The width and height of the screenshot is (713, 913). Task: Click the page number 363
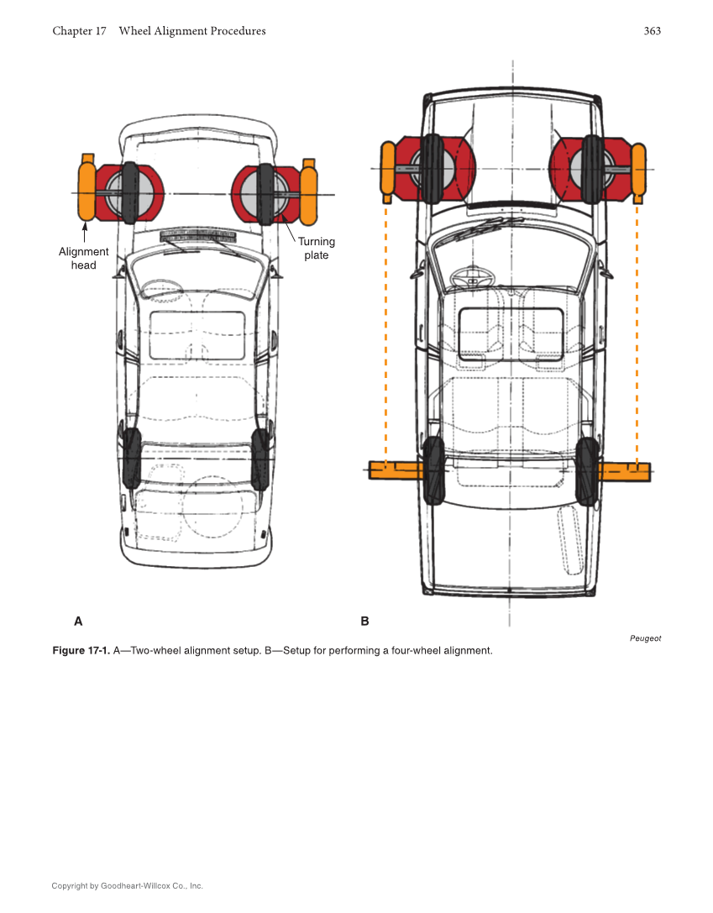(x=652, y=31)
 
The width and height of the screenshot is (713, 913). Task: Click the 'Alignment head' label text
(x=83, y=259)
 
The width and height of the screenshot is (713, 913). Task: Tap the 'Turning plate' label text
(x=317, y=249)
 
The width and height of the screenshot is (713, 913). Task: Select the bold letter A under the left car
(x=78, y=622)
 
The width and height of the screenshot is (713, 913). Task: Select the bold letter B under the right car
(x=364, y=622)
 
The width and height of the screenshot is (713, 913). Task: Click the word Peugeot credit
(x=645, y=638)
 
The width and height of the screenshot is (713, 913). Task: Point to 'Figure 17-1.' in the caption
(x=81, y=651)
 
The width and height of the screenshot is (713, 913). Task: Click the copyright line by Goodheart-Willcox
(x=127, y=885)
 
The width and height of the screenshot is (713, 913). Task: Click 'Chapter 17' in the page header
(x=79, y=31)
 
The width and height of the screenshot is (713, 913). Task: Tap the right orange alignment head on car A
(x=308, y=192)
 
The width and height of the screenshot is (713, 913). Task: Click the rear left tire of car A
(x=132, y=459)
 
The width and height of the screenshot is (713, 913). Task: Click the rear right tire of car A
(x=260, y=459)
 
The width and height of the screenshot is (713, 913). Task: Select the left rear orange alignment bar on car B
(x=396, y=470)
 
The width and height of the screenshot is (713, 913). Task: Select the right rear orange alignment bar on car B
(x=625, y=472)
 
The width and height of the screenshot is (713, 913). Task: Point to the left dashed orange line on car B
(x=385, y=336)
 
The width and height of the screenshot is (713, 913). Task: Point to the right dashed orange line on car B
(x=637, y=336)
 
